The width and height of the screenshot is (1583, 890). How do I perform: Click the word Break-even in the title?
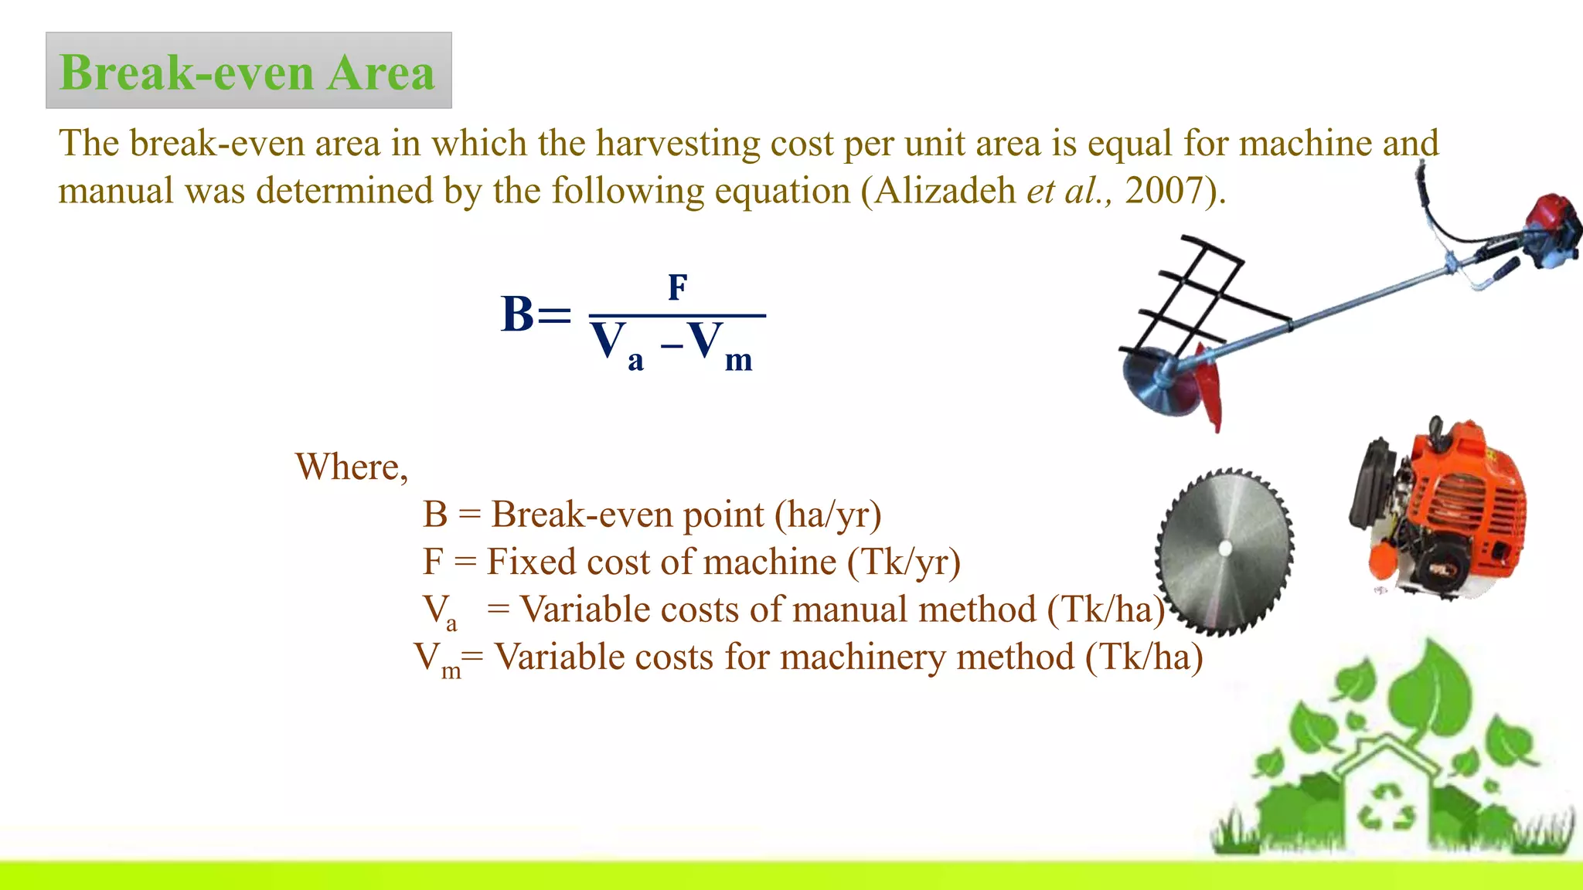coord(186,73)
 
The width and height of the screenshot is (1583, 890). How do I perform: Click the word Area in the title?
coord(380,73)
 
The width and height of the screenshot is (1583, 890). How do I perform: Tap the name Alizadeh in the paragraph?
coord(945,190)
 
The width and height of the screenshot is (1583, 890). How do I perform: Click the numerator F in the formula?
coord(677,287)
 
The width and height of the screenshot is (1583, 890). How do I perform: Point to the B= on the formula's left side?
coord(535,314)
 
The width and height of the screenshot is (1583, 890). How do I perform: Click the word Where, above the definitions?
coord(352,467)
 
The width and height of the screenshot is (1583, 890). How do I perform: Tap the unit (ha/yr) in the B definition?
coord(828,515)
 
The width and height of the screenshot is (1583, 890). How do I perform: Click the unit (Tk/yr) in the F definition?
coord(904,562)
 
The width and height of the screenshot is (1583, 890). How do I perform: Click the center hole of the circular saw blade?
coord(1224,548)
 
